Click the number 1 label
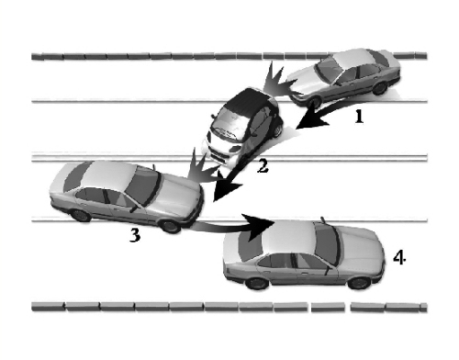pos(360,117)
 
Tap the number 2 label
pos(263,167)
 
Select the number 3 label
pos(135,235)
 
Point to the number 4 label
pos(399,257)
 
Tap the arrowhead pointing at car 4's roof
pos(259,227)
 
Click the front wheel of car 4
pos(359,283)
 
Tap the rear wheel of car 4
pos(257,283)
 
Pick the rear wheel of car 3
pos(81,215)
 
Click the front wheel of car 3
pos(171,226)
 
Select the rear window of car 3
pos(77,176)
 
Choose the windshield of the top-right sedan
pos(329,70)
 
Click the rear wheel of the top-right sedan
pos(380,88)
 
